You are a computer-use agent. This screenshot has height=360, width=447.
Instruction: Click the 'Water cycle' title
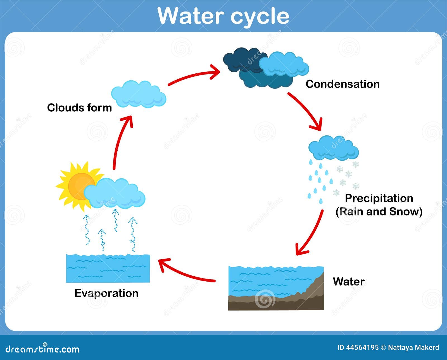pos(223,16)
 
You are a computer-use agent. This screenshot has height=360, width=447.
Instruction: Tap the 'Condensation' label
pos(343,84)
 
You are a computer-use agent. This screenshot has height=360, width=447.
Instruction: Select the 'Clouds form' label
pos(79,108)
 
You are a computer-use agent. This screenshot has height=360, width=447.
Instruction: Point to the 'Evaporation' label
pos(106,294)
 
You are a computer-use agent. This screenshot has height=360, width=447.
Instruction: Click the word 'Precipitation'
pos(379,198)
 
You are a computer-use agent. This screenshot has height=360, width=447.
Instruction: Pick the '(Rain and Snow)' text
pos(379,212)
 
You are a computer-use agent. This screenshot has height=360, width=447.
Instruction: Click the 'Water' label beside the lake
pos(349,282)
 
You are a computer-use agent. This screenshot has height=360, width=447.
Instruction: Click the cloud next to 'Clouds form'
pos(139,94)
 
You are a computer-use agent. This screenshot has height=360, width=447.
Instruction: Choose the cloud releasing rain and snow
pos(334,148)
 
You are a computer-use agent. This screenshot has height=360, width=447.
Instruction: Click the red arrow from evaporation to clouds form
pos(120,141)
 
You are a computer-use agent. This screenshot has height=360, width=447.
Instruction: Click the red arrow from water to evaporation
pos(185,273)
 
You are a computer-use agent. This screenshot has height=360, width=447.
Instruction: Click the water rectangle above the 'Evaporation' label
pos(108,268)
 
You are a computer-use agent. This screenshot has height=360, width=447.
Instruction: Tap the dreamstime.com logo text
pos(42,349)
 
